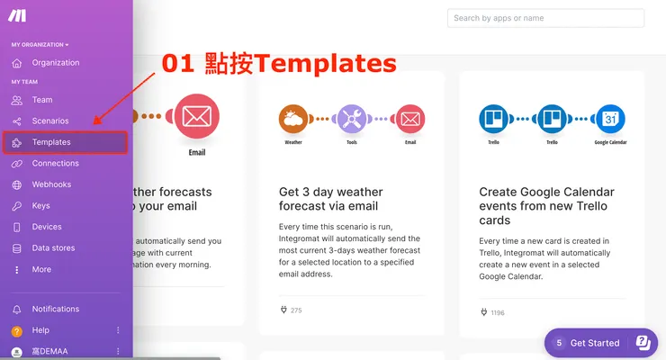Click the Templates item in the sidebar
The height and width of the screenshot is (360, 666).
50,142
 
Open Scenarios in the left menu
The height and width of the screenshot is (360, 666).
49,121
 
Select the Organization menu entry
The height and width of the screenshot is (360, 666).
55,63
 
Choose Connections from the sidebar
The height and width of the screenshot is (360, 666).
55,164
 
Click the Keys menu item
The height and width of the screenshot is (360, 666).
40,206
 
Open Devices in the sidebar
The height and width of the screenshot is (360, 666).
47,227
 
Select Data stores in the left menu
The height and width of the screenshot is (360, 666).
53,248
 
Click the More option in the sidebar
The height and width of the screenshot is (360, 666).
41,270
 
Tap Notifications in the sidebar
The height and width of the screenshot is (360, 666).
55,309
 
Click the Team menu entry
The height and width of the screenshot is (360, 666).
41,100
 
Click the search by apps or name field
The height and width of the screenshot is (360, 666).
545,18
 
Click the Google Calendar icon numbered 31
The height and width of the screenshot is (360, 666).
610,118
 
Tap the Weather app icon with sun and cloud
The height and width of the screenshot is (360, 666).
293,118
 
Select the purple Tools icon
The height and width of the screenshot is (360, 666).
352,118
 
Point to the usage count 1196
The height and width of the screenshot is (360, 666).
498,312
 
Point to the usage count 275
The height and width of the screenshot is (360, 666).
296,310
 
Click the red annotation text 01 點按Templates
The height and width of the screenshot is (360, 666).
278,62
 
